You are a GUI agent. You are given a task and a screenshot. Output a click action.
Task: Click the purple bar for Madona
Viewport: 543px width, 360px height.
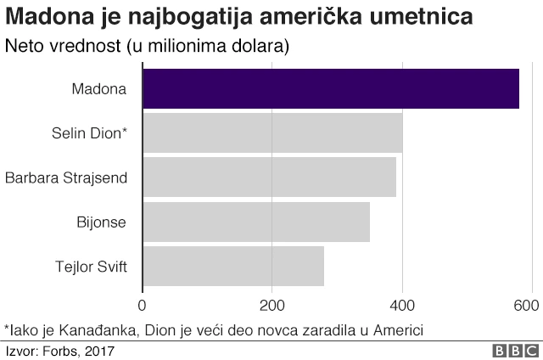pyautogui.click(x=331, y=88)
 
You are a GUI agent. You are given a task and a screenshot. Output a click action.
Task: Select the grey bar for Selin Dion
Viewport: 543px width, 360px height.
pyautogui.click(x=272, y=133)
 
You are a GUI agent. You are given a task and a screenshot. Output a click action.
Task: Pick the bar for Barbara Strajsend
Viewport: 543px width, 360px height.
pyautogui.click(x=269, y=177)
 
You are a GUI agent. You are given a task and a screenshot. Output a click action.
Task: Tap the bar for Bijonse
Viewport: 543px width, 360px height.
pyautogui.click(x=256, y=222)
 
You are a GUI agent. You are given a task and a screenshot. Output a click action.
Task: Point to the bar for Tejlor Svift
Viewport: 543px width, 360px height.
pyautogui.click(x=233, y=267)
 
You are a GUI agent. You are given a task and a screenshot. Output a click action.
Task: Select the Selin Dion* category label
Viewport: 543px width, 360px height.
pyautogui.click(x=89, y=133)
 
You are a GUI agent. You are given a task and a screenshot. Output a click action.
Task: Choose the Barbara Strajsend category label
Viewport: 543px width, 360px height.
pyautogui.click(x=66, y=177)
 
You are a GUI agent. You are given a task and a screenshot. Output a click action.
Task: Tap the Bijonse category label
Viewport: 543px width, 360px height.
pyautogui.click(x=101, y=222)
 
